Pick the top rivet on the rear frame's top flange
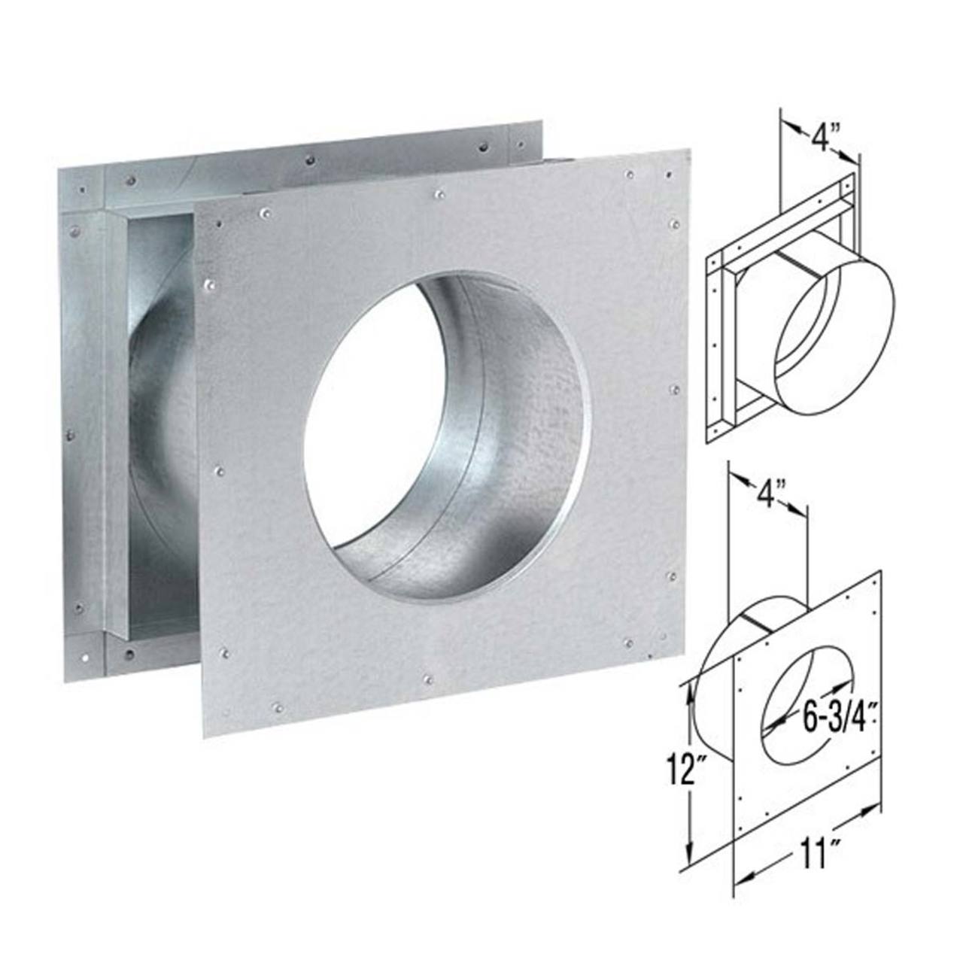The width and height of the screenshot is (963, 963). [x=310, y=159]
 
